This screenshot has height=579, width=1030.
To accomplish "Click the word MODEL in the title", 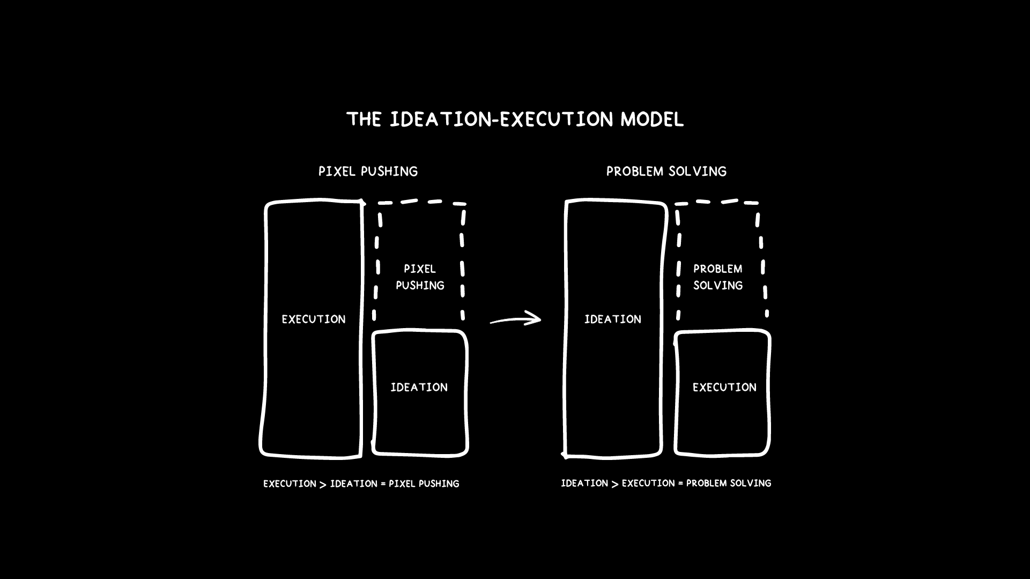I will [652, 119].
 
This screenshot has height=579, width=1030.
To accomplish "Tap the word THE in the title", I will [364, 119].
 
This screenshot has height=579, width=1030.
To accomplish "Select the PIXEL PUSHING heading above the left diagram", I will [368, 172].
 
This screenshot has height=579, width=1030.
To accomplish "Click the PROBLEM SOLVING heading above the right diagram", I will [666, 172].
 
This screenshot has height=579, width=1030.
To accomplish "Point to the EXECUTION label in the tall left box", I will [314, 320].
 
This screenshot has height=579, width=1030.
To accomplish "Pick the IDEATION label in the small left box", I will [419, 388].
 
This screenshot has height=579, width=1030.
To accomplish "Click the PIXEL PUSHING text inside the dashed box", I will [420, 277].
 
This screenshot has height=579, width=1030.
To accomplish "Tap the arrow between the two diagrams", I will [515, 320].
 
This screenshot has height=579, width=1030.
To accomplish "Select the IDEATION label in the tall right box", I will [612, 320].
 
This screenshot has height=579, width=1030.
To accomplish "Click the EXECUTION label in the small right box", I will [724, 388].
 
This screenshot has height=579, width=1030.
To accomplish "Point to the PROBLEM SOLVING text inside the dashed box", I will [718, 277].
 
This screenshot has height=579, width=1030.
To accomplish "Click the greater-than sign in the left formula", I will [323, 485].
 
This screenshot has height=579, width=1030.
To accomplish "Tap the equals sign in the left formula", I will [383, 484].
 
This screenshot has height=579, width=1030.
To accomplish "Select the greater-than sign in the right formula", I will [615, 484].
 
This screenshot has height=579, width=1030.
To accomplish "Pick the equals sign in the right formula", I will [680, 484].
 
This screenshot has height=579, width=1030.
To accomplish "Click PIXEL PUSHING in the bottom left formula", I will [424, 484].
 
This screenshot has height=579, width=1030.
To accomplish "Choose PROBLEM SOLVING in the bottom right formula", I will [729, 484].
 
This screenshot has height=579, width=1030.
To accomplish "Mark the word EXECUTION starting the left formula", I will [290, 484].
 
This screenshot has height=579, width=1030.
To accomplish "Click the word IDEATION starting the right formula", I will [584, 484].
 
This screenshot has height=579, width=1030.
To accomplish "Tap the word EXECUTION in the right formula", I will [648, 484].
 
